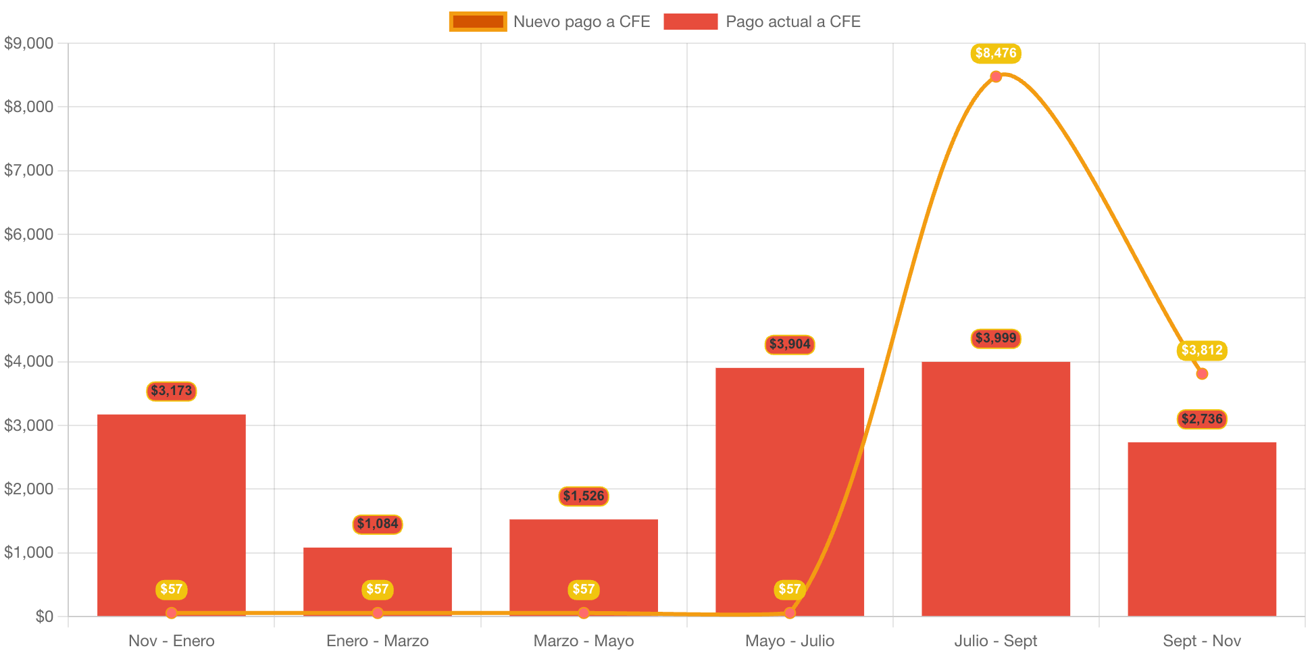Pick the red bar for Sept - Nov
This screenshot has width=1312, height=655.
point(1201,527)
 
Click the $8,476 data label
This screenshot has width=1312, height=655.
point(995,53)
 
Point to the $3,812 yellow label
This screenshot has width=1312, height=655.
point(1201,350)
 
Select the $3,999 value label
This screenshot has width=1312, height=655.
point(995,338)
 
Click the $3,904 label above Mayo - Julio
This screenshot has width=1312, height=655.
point(789,344)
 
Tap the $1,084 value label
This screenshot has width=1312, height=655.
point(377,524)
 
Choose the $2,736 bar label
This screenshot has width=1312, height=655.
point(1201,419)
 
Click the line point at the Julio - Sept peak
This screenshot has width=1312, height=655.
point(996,76)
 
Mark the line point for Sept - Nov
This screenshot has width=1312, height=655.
point(1201,373)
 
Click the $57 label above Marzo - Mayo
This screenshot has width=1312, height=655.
point(583,589)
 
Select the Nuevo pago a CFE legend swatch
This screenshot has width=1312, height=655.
point(478,22)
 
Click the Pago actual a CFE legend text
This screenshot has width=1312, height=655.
point(793,22)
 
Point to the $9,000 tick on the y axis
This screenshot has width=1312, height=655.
point(28,43)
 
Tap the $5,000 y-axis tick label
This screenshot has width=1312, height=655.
point(28,298)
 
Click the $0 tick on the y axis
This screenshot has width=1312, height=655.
point(44,616)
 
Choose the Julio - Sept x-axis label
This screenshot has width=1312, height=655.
point(995,641)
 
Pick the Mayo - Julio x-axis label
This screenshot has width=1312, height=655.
point(789,641)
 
